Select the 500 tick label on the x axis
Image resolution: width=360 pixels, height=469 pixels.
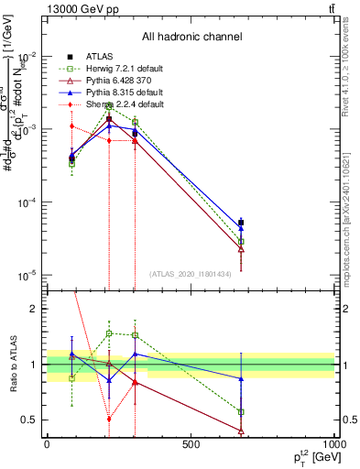(x=191, y=444)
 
